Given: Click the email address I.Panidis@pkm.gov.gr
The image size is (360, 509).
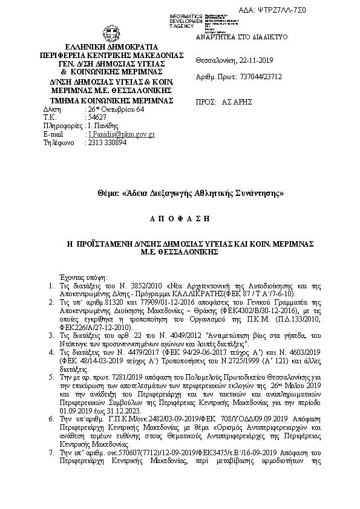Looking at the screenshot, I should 122,134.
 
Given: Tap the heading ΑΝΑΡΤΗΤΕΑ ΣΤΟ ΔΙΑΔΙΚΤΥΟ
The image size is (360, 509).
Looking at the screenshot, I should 241,37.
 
